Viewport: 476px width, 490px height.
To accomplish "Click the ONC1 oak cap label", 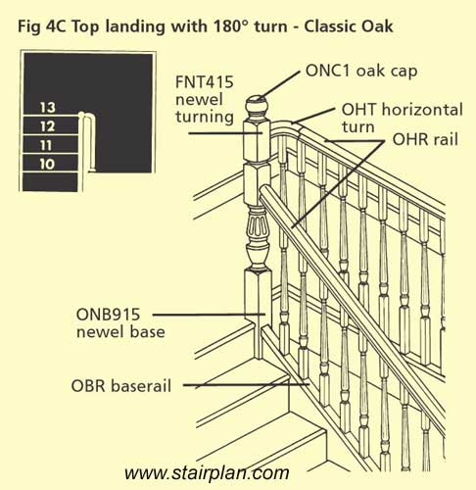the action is click(x=361, y=71).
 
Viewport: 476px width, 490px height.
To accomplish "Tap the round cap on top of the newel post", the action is click(x=257, y=105).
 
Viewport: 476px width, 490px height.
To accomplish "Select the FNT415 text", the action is click(x=205, y=82).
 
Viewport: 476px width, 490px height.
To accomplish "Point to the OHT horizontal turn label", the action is click(x=402, y=119).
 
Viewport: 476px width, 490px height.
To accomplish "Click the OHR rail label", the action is click(x=425, y=139).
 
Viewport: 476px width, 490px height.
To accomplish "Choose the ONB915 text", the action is click(x=108, y=315).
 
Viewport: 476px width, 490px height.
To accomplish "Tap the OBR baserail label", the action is click(x=121, y=386).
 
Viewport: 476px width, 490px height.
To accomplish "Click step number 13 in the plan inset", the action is click(x=48, y=108).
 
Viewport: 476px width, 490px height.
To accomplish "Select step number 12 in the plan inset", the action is click(x=48, y=126).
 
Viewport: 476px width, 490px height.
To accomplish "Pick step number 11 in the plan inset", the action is click(x=46, y=145).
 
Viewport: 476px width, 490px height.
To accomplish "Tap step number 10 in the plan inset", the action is click(x=47, y=164).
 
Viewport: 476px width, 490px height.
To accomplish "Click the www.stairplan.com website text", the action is click(x=207, y=473).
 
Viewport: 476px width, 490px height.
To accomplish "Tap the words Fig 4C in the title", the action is click(x=42, y=26).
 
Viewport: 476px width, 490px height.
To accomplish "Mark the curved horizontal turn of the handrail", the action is click(x=287, y=124).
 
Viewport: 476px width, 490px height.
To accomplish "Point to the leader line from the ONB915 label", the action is click(x=209, y=315).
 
